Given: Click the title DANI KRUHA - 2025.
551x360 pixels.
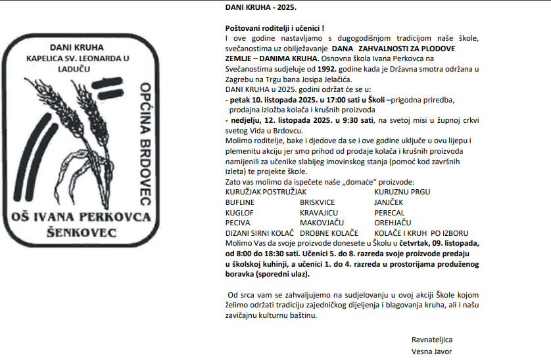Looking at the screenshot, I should coord(260,8).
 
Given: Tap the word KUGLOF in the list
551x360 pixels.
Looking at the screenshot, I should coord(240,213).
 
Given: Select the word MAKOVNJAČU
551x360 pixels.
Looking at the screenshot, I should coord(323,223).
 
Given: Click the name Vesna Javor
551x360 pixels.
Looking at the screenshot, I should coord(431,351).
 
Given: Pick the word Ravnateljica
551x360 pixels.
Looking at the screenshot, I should coord(432,340).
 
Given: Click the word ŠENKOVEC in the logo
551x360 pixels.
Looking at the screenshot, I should coord(82,233).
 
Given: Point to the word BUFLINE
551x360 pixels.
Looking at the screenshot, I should coord(240,202).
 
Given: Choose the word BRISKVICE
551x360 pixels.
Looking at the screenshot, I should coord(317,202).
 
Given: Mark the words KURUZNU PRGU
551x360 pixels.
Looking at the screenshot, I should coord(402,192).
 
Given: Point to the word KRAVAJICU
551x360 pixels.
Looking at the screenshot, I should coord(319,213).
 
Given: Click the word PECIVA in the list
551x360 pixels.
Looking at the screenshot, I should coord(237,223).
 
